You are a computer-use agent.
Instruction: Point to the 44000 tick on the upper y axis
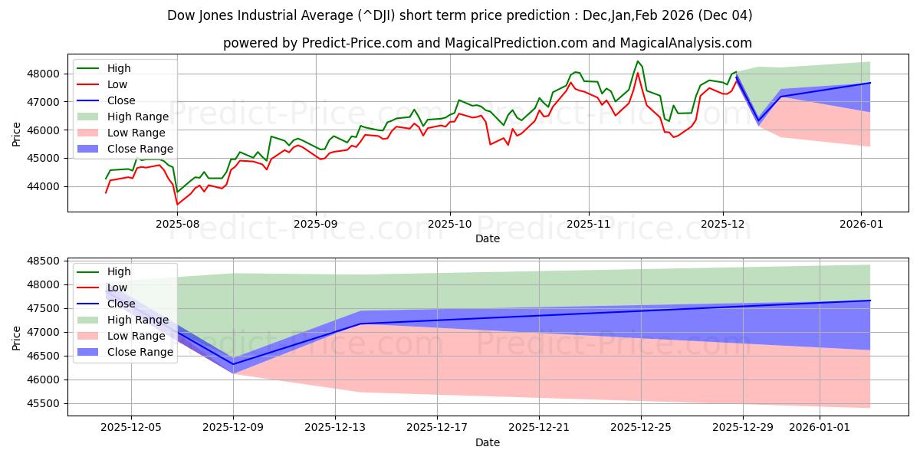(x=44, y=186)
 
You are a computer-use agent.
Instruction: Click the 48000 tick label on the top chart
(x=44, y=74)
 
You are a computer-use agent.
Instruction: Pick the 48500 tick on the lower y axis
(x=44, y=261)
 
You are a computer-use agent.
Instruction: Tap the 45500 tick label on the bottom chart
(x=44, y=404)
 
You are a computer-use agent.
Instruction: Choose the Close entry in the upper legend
(x=122, y=100)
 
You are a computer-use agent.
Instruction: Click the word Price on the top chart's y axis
(x=17, y=134)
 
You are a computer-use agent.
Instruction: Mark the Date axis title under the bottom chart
(x=488, y=442)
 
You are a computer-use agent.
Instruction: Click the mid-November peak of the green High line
(x=637, y=61)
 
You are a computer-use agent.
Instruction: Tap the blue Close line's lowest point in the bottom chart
(x=234, y=364)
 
